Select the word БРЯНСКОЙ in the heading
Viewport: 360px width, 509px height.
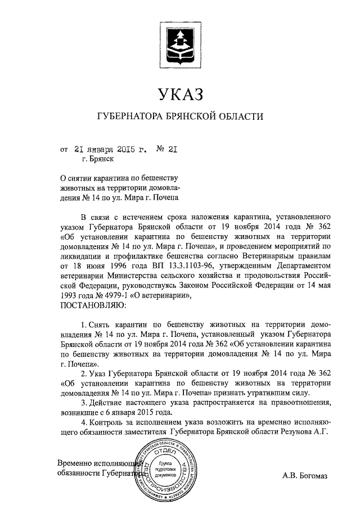pyautogui.click(x=189, y=116)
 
